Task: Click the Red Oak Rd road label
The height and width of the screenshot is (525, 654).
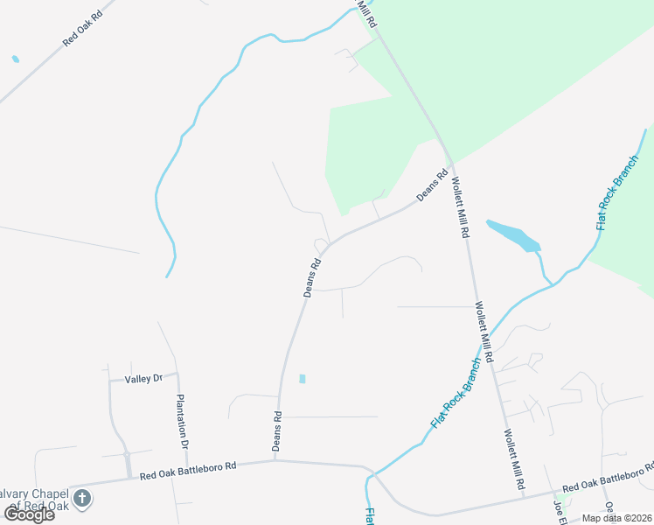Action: pos(83,30)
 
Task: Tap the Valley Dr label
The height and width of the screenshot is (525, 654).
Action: pos(144,379)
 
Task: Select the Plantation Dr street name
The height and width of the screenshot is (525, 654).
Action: pos(183,422)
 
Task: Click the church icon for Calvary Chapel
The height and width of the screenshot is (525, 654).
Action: pos(82,499)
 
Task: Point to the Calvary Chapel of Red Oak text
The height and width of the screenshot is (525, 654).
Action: pos(35,499)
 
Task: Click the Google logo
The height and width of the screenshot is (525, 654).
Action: pos(29,514)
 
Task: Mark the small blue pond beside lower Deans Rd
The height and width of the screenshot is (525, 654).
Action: pos(303,379)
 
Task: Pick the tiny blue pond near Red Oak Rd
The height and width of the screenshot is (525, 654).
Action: pos(15,59)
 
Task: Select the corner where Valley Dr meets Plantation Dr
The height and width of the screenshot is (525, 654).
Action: pos(177,374)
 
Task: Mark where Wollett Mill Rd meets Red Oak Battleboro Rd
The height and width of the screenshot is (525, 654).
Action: pos(524,495)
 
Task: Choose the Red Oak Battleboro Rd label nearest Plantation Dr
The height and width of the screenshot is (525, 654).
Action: pos(188,472)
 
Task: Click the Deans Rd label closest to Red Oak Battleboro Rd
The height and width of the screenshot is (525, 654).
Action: pos(277,431)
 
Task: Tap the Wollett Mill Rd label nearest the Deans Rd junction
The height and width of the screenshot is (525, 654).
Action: pos(460,209)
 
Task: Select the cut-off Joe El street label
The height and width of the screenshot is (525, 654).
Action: pos(557,511)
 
